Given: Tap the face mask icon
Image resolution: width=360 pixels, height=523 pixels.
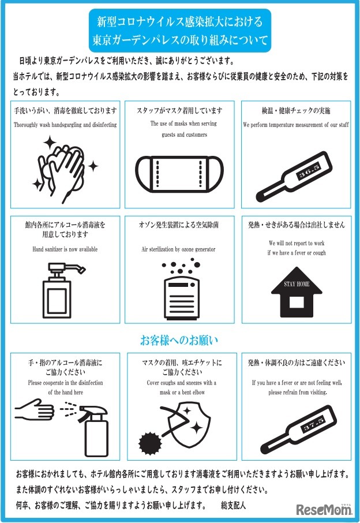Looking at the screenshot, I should [179, 173].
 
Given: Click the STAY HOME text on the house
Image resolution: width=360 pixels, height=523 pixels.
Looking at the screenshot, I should [297, 284].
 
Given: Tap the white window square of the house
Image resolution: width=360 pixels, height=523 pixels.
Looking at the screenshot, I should [297, 301].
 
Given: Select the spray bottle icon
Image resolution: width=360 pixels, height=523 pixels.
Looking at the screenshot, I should [92, 427].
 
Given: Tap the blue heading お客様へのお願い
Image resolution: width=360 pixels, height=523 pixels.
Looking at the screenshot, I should [179, 339].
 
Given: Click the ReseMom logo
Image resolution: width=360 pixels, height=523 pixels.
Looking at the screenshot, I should [324, 509].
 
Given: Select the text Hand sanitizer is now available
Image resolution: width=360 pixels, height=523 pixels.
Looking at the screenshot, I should [65, 249].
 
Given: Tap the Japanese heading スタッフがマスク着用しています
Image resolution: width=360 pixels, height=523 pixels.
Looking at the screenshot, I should [179, 110].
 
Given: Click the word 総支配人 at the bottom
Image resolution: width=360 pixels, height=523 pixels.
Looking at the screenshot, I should [233, 505].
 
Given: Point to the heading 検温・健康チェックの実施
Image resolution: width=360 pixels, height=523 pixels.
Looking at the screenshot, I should [297, 110].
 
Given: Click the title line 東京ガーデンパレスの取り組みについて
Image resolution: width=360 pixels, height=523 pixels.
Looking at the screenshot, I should [180, 41].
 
